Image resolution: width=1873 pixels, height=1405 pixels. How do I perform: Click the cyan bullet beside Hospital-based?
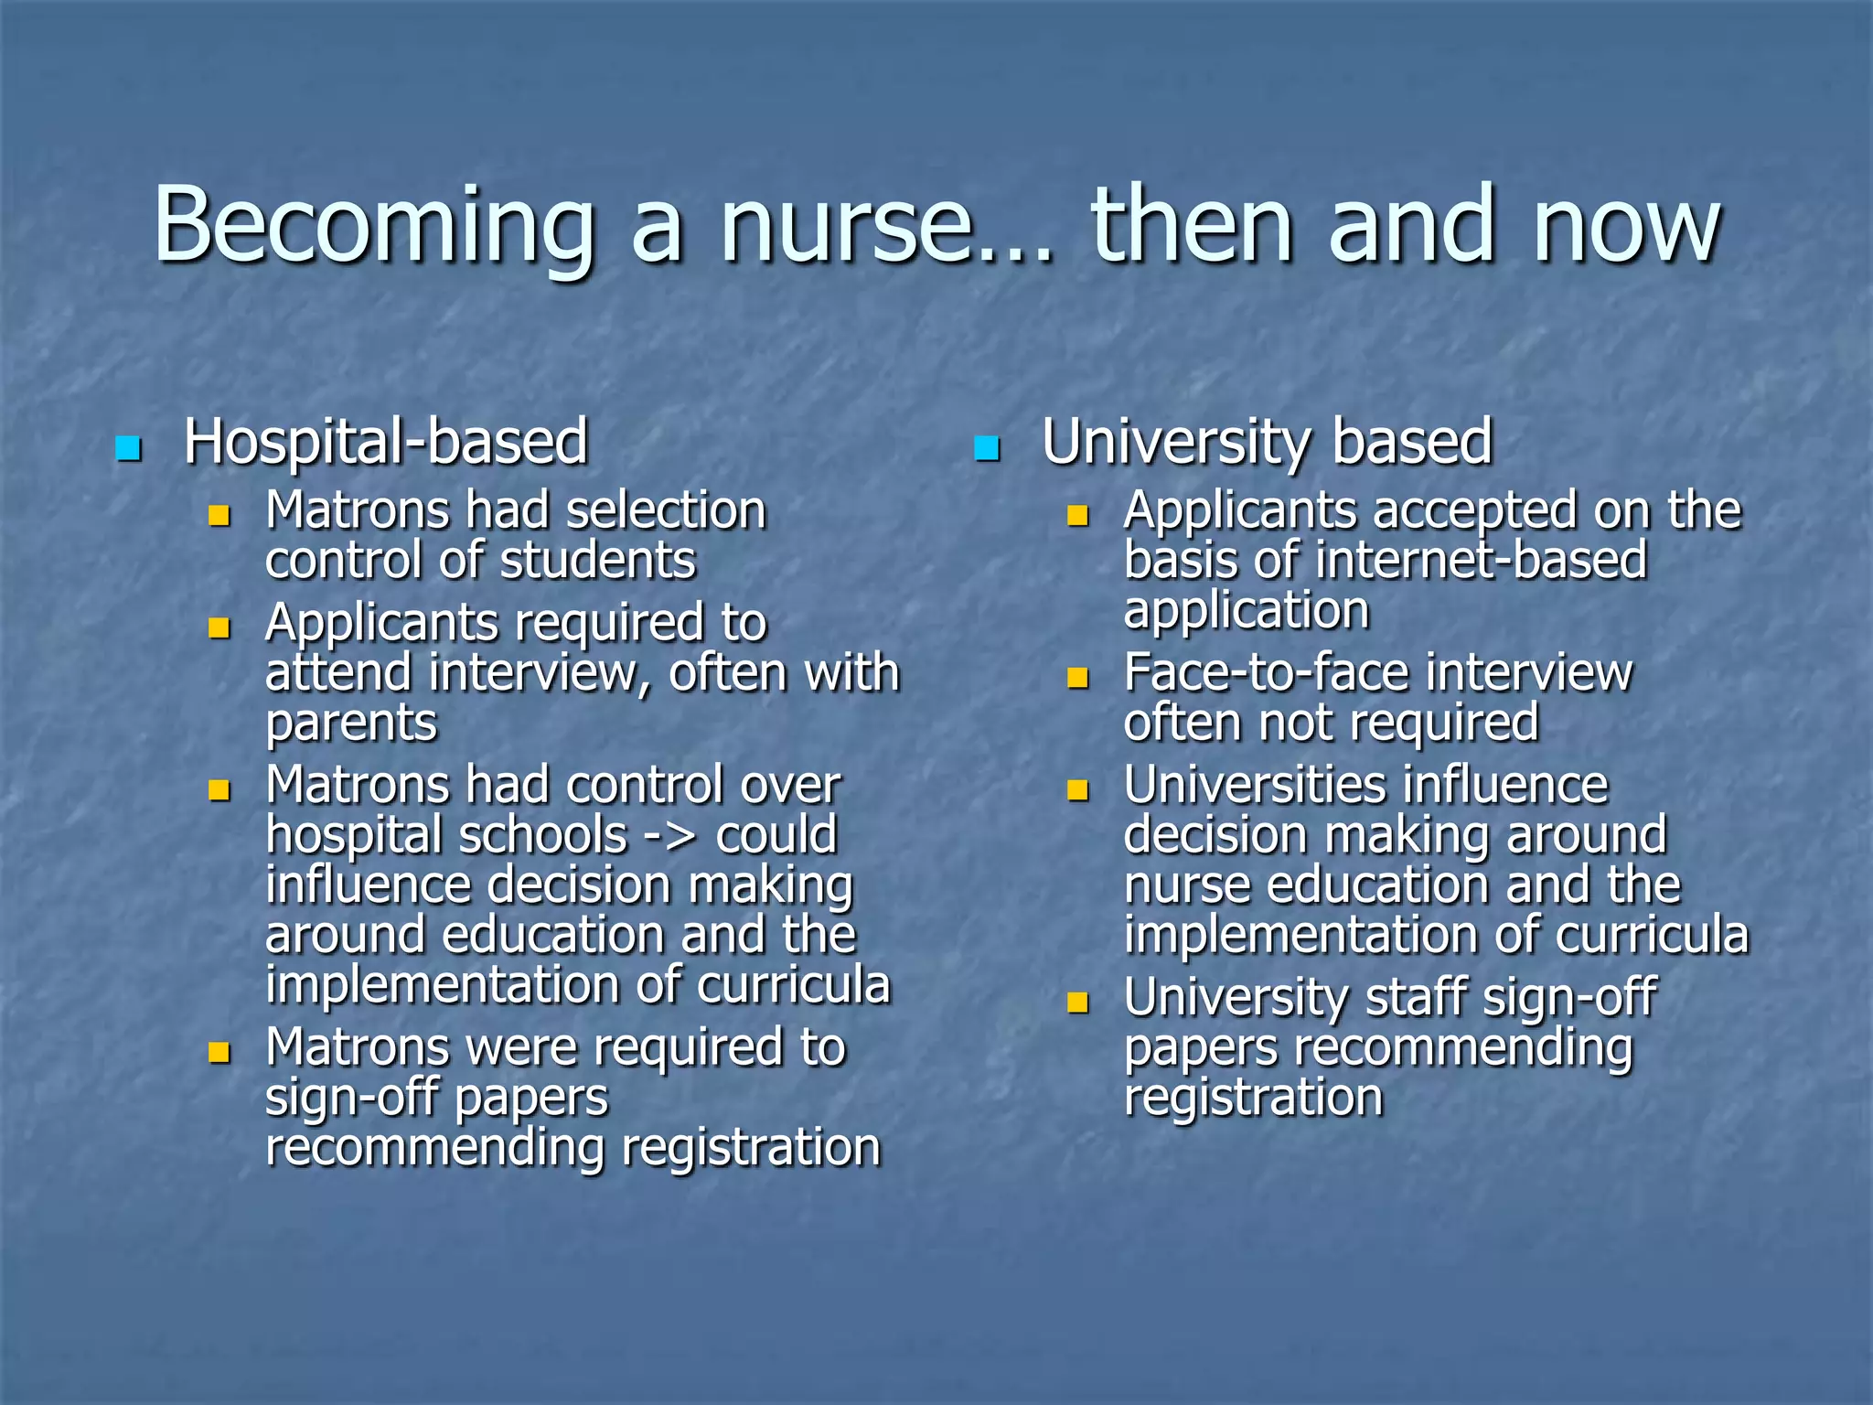(128, 448)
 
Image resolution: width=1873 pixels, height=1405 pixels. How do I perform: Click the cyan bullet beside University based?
(986, 448)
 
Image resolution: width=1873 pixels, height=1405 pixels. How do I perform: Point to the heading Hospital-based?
(385, 443)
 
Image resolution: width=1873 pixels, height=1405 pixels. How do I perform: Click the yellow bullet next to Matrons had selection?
(219, 515)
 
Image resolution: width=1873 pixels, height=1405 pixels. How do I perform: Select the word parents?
(351, 724)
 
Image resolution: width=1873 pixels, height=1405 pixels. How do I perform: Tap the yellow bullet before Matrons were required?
(219, 1052)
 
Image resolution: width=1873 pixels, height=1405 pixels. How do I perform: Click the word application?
(1246, 610)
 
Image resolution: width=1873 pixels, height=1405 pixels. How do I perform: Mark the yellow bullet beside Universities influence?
(1078, 789)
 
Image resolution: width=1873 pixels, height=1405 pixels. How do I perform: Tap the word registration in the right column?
(1253, 1098)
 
